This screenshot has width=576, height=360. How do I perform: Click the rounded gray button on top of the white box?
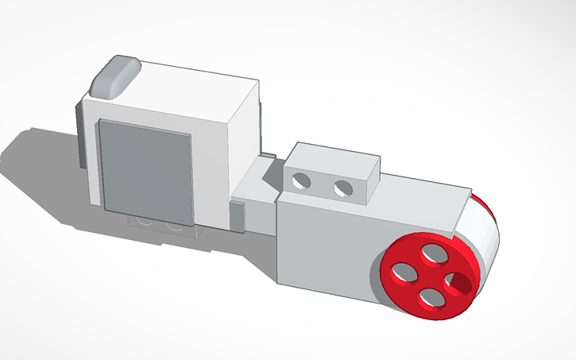116,75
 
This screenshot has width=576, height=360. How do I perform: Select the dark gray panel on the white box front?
145,172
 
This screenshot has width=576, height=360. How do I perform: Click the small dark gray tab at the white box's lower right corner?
237,216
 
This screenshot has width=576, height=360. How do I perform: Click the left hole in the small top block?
301,181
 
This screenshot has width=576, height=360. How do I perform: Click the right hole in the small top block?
343,188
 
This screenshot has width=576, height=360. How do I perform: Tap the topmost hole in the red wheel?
433,254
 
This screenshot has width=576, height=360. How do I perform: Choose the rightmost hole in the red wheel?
459,281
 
